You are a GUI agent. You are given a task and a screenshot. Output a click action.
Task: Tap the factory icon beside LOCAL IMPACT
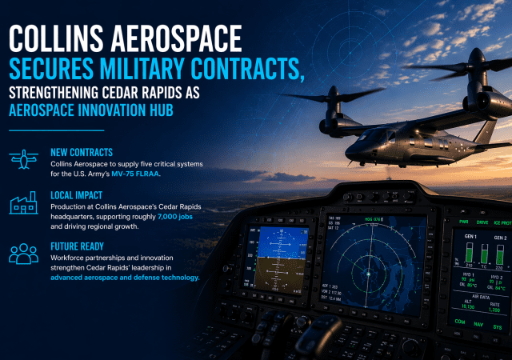pos(23,205)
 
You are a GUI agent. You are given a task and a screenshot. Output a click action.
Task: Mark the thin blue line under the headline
pos(57,130)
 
